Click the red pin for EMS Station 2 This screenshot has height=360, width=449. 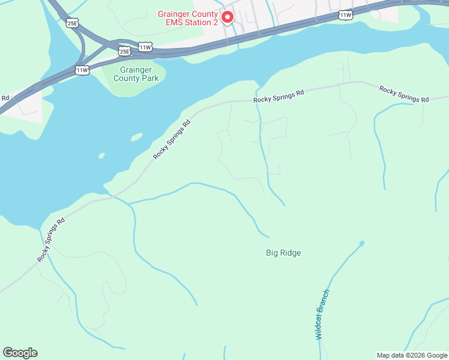tap(228, 17)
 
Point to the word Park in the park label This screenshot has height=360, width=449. tap(148, 78)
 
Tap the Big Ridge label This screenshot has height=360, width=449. tap(283, 253)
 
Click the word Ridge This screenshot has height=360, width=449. tap(291, 253)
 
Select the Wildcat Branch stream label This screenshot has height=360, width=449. tap(322, 314)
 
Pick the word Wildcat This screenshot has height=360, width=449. tap(320, 328)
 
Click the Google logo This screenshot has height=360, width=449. tap(20, 353)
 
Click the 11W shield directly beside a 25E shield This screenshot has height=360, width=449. tap(145, 46)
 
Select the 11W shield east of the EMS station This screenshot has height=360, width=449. tap(345, 14)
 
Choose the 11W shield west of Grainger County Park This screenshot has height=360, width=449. tap(82, 70)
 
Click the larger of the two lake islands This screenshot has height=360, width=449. tap(136, 137)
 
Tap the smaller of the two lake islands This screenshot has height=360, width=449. tap(101, 156)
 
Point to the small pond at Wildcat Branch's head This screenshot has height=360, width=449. tap(361, 243)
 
